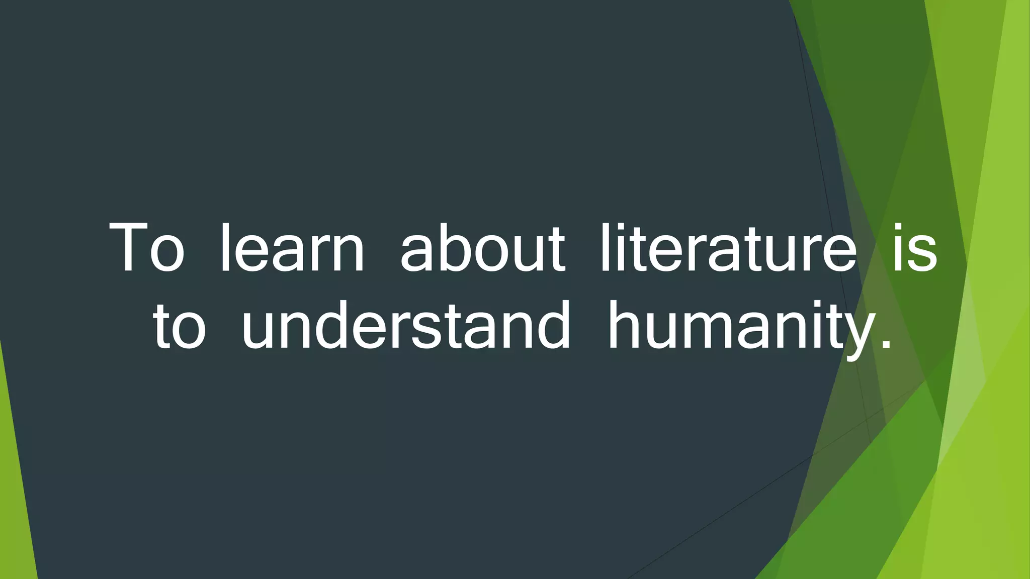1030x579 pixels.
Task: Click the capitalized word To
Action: (x=146, y=249)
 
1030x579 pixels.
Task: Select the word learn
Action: (x=292, y=249)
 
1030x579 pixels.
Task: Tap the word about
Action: (x=482, y=249)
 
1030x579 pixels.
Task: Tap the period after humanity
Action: (x=886, y=345)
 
